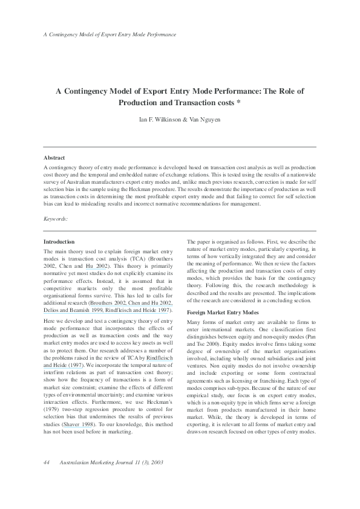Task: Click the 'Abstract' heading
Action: point(54,157)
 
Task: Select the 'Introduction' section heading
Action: point(59,241)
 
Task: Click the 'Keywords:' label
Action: point(56,218)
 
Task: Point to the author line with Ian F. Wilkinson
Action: point(180,118)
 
